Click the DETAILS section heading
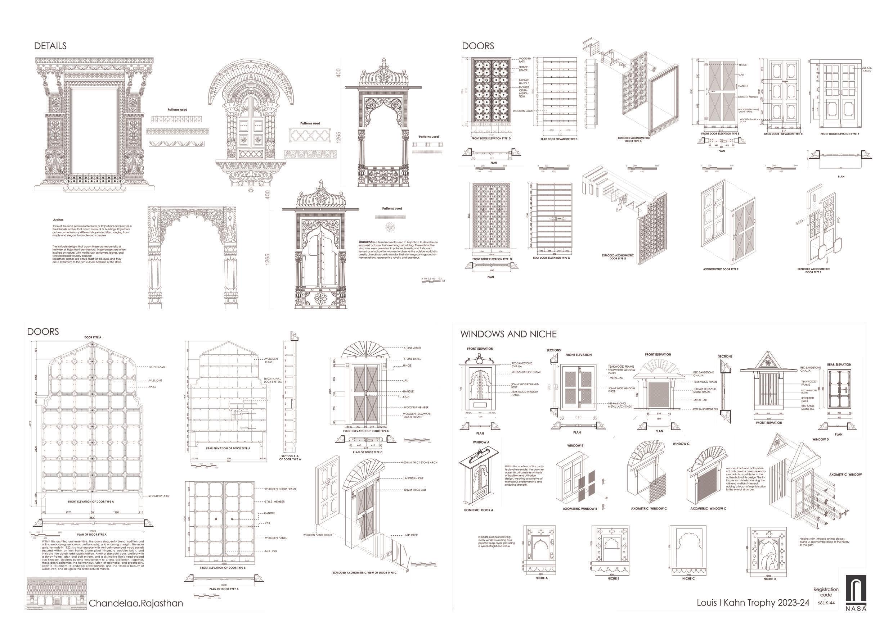click(x=50, y=46)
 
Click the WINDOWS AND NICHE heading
click(x=508, y=334)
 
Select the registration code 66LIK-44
click(x=826, y=603)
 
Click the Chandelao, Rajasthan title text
click(x=136, y=603)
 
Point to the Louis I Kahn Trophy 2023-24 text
click(x=753, y=603)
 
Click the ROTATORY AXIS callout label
click(x=158, y=496)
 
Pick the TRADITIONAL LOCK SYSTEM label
click(x=272, y=380)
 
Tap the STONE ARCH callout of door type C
click(x=412, y=348)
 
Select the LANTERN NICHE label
click(x=413, y=478)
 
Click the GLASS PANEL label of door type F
click(x=867, y=69)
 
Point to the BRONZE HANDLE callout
click(x=524, y=82)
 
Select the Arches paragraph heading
click(x=58, y=220)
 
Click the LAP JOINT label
click(x=411, y=535)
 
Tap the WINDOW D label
click(x=821, y=440)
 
